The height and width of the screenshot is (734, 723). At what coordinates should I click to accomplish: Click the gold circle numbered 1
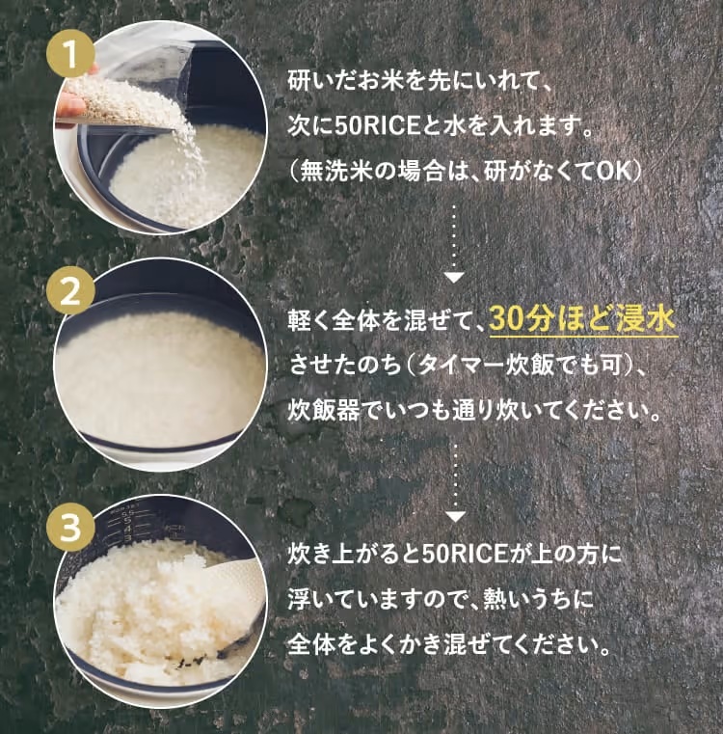pos(70,54)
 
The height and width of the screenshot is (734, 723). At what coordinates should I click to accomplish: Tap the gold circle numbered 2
pos(70,291)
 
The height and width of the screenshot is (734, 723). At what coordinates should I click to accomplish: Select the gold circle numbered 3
pos(70,528)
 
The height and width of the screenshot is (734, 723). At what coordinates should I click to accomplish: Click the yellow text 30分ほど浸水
pos(582,319)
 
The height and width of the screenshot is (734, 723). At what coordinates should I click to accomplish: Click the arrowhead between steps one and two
pos(454,277)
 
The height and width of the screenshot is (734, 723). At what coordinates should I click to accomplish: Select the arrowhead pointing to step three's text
pos(455,517)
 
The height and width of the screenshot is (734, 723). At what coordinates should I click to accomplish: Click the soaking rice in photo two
pos(159,374)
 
